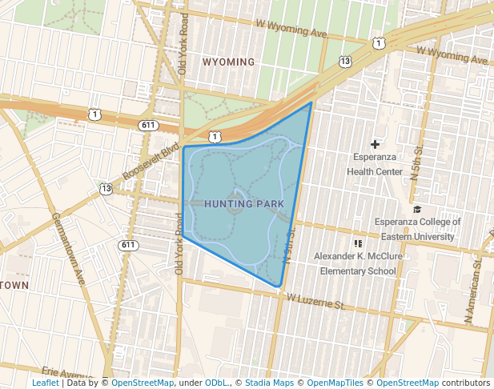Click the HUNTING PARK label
244,204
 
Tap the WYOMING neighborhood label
228,62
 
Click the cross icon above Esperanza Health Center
375,144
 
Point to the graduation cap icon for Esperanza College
416,210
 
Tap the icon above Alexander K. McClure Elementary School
358,243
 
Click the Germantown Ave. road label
69,249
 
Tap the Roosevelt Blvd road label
151,162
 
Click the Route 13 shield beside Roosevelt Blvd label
106,188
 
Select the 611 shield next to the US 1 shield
147,126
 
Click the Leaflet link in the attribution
45,383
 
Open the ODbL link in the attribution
216,383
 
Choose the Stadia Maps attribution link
269,383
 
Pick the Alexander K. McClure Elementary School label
358,263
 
